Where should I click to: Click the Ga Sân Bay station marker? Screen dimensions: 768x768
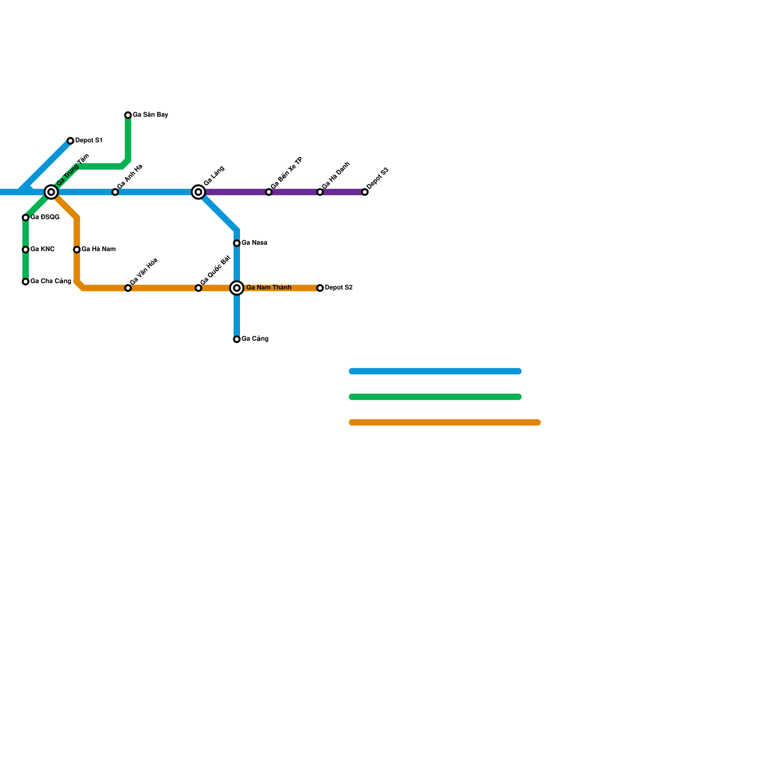coord(128,115)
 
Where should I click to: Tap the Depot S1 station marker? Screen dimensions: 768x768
coord(71,141)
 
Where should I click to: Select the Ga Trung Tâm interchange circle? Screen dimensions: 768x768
coord(51,192)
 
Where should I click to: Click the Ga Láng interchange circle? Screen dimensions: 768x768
coord(198,192)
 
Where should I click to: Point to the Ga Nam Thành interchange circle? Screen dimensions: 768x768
coord(237,288)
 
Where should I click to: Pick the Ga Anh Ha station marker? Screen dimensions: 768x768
coord(115,192)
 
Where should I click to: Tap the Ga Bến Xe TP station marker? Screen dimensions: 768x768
coord(269,192)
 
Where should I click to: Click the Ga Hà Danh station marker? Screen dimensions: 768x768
coord(320,192)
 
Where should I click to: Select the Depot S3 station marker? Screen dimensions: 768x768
coord(365,192)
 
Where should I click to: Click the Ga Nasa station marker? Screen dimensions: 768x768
coord(237,243)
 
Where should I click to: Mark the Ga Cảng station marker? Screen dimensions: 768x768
coord(237,339)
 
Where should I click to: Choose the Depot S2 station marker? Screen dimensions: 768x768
coord(320,288)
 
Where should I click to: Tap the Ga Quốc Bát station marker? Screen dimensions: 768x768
coord(198,288)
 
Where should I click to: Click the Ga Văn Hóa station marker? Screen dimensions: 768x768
coord(128,288)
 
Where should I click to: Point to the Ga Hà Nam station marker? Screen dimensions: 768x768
coord(77,250)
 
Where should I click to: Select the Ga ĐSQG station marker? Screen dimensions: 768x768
coord(25,217)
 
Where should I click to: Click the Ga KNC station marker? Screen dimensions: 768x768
coord(25,250)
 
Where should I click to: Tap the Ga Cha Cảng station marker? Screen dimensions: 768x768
coord(25,282)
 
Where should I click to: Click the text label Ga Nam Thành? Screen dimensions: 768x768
coord(269,288)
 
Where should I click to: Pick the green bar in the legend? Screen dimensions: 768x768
coord(435,397)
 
